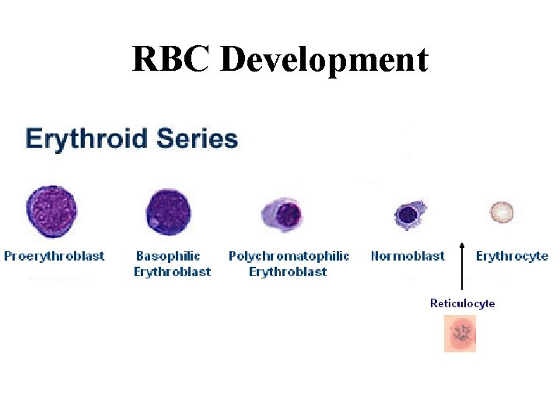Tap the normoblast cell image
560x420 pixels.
coord(408,213)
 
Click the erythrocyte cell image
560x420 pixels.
coord(502,212)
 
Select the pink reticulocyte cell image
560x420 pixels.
coord(460,334)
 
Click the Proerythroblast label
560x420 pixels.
coord(54,256)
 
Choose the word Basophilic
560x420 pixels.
coord(168,256)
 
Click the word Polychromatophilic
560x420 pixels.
coord(289,256)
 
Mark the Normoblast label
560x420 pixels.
coord(408,256)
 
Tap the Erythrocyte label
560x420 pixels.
coord(512,256)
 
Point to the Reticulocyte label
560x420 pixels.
coord(462,303)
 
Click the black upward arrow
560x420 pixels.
coord(462,264)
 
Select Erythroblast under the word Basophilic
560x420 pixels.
coord(172,271)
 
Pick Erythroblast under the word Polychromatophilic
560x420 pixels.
coord(288,271)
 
